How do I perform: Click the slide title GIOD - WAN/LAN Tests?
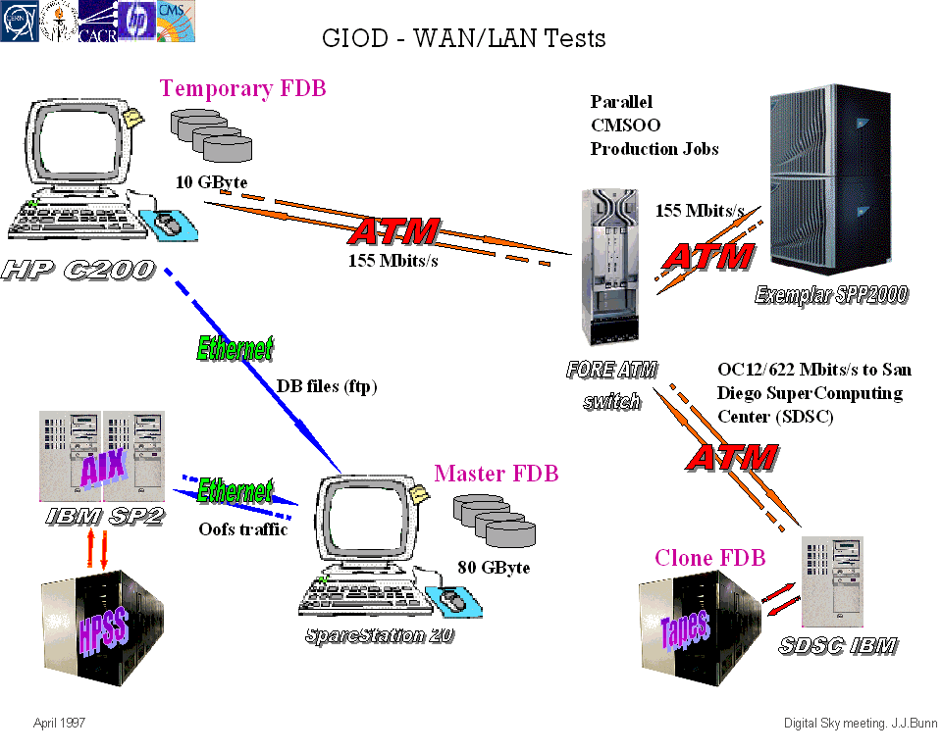463,38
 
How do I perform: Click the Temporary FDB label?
242,88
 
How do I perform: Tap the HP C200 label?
78,268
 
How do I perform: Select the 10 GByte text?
211,181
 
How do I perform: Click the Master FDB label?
496,474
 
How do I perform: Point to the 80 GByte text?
494,567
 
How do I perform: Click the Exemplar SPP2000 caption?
830,295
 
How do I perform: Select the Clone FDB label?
709,558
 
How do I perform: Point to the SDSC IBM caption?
837,645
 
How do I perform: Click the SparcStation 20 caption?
379,634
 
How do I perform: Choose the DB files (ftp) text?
327,386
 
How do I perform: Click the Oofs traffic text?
243,529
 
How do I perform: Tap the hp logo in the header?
136,21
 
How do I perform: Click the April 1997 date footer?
60,723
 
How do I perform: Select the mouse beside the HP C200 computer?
170,225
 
